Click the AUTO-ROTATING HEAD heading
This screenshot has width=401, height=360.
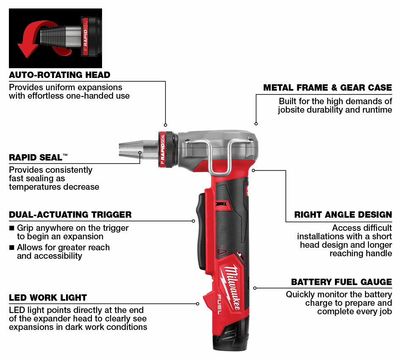point(60,75)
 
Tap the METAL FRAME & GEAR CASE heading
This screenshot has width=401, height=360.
point(328,88)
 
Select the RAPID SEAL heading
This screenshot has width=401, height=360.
point(39,158)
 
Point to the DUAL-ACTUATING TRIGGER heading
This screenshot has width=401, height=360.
point(70,214)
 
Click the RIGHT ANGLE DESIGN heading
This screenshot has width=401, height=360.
point(343,214)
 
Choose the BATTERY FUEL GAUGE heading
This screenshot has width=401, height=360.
point(342,282)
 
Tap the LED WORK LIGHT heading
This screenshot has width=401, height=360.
point(48,298)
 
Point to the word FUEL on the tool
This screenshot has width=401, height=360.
point(221,305)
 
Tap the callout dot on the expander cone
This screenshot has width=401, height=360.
point(140,153)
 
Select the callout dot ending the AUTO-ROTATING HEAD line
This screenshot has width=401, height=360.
point(166,125)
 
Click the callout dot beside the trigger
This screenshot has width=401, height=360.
point(194,221)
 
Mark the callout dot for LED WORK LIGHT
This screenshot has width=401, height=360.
point(197,304)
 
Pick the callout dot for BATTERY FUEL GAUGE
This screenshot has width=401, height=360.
point(255,288)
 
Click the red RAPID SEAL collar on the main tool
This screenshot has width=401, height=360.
point(162,150)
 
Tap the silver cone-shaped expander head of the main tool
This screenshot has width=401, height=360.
point(138,150)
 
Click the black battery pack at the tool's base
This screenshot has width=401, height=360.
point(231,335)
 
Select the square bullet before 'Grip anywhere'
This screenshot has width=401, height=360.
point(11,228)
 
